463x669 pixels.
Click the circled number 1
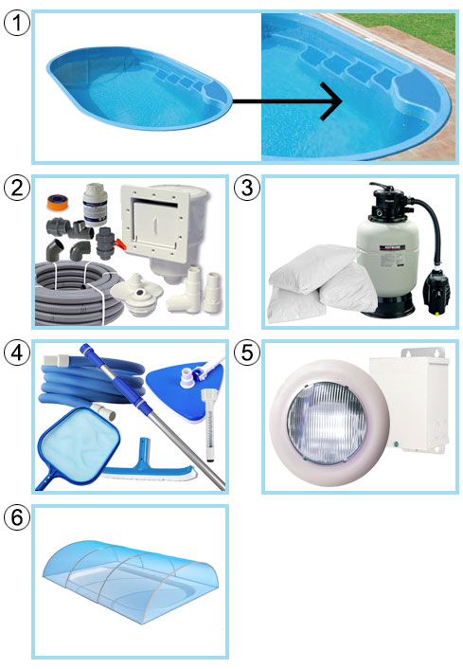(17, 23)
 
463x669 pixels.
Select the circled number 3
(247, 188)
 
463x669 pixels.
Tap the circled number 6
(17, 517)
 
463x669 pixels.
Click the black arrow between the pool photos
(287, 101)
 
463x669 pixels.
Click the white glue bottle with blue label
(95, 205)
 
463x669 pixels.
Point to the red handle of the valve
(120, 244)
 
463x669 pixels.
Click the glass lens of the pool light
(327, 424)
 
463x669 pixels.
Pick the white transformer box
(409, 400)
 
